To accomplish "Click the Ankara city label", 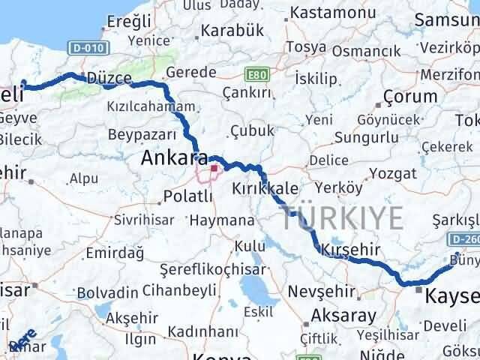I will click(175, 158).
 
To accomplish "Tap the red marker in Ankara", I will click(213, 168).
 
